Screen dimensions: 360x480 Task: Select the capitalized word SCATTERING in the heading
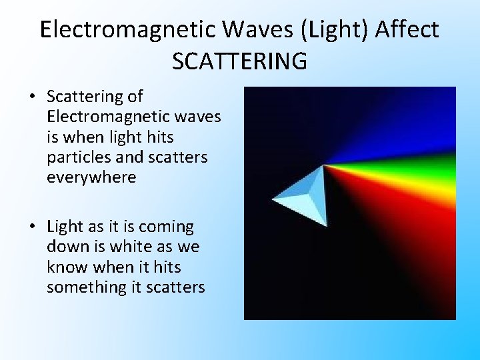click(239, 61)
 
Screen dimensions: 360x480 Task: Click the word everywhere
click(91, 178)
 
